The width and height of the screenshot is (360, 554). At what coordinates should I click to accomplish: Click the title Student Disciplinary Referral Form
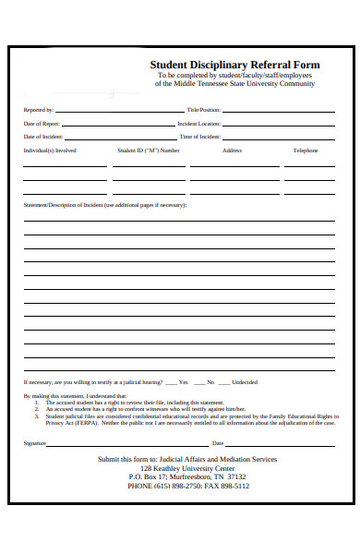tap(234, 65)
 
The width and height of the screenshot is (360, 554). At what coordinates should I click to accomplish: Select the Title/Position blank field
tap(279, 111)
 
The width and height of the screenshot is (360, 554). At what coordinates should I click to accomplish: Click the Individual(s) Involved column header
tap(50, 151)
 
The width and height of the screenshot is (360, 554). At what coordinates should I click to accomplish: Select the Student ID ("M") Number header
tap(149, 151)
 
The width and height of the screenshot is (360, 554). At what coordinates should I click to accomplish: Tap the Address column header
tap(232, 151)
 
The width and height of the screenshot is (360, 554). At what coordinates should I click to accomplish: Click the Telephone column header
tap(306, 151)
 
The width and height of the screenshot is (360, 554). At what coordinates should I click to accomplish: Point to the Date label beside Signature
tap(219, 443)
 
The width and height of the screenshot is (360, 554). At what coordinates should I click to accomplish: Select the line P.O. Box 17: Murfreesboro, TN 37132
tap(186, 476)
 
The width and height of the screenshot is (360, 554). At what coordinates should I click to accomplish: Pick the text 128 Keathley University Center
tap(186, 468)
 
